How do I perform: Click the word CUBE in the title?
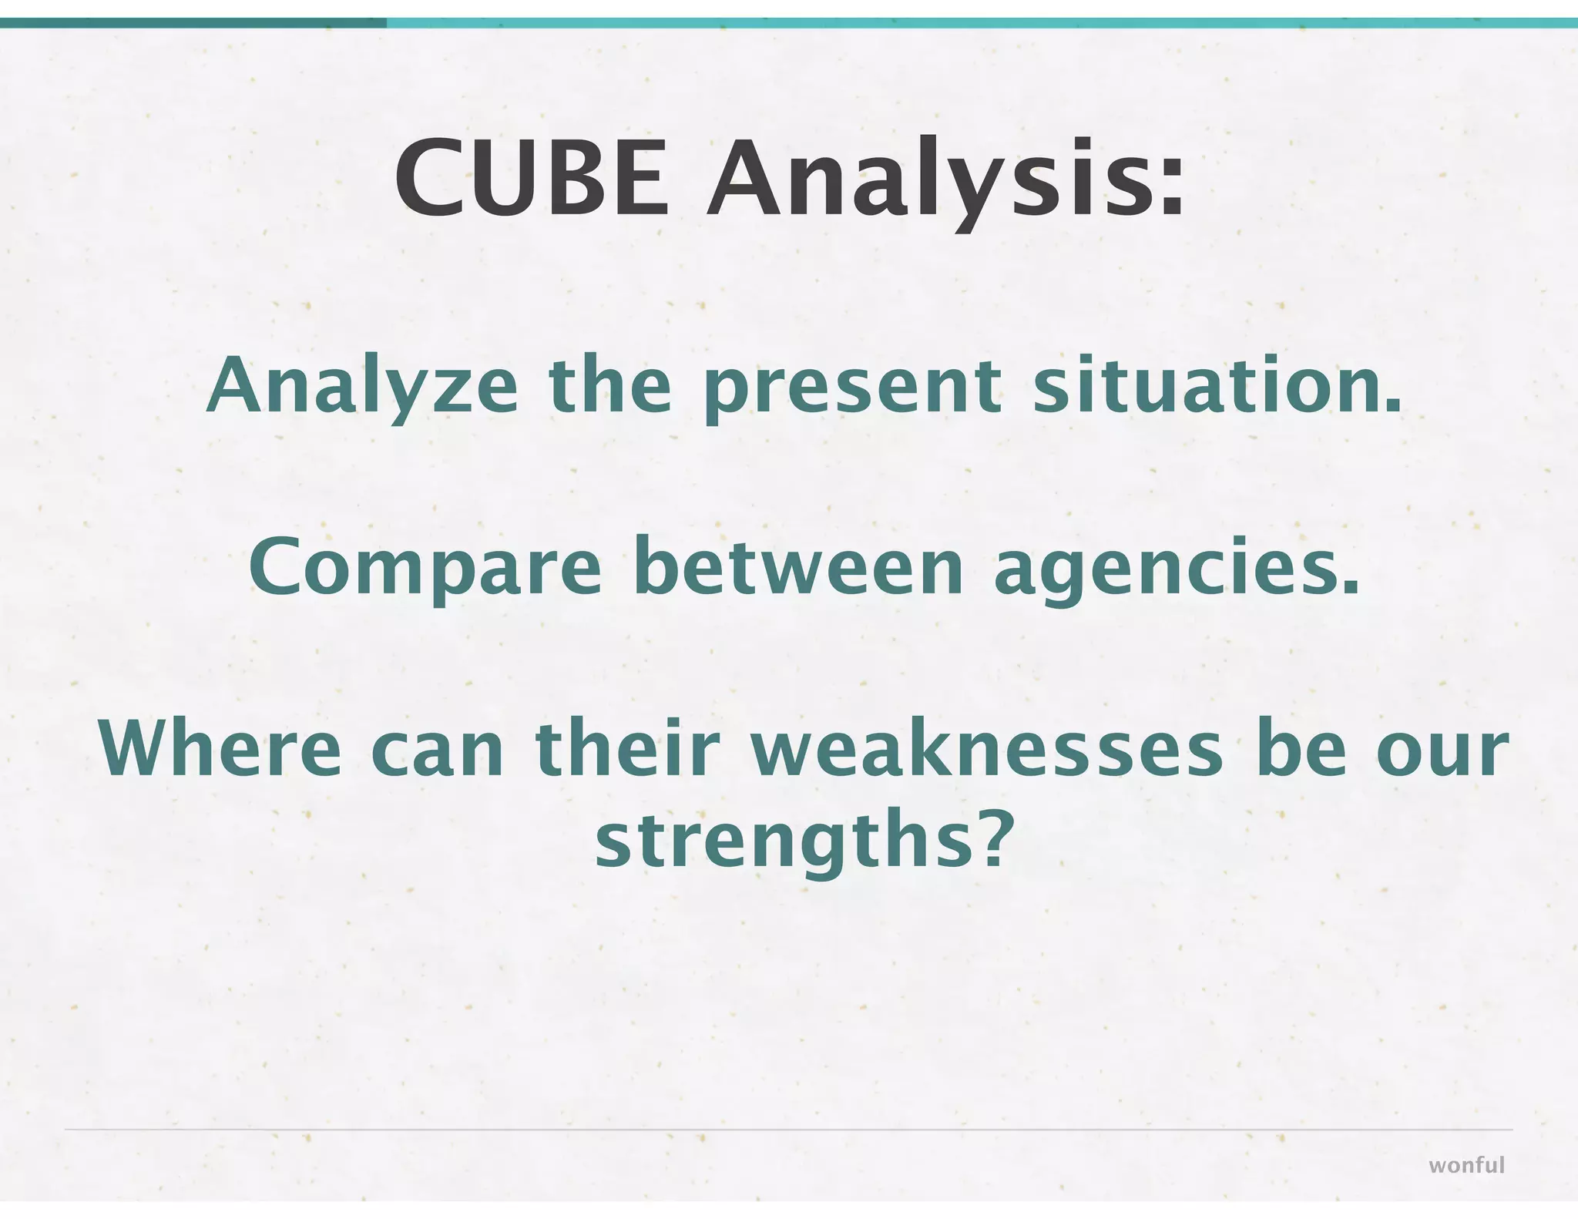(531, 179)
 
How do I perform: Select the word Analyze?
(361, 388)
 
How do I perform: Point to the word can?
(437, 751)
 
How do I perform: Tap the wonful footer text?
(1466, 1165)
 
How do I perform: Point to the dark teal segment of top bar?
(193, 23)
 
